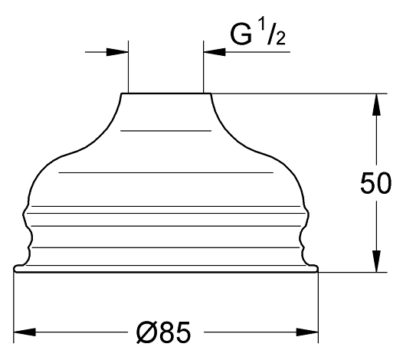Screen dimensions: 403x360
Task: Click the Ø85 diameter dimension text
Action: pyautogui.click(x=163, y=332)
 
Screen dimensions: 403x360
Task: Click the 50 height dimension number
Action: pyautogui.click(x=375, y=183)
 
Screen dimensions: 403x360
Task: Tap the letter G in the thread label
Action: pyautogui.click(x=241, y=34)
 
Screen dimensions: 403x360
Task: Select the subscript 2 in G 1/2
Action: pyautogui.click(x=280, y=38)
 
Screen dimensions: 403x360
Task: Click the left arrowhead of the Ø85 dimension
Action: pyautogui.click(x=25, y=332)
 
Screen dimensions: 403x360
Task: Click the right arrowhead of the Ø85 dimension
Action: pyautogui.click(x=307, y=332)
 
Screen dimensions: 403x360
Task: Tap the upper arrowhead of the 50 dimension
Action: pyautogui.click(x=376, y=105)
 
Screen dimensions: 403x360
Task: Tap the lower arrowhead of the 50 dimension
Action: pyautogui.click(x=376, y=261)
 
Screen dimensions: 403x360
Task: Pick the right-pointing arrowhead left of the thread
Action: pyautogui.click(x=117, y=52)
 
